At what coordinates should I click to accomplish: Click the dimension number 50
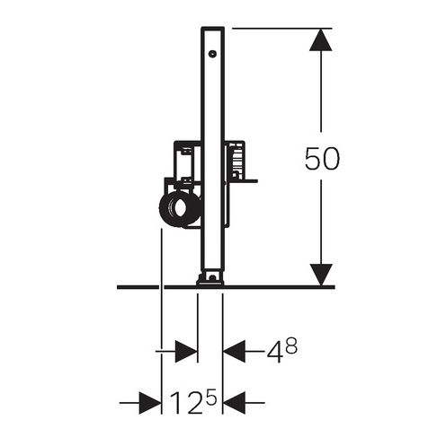pyautogui.click(x=322, y=158)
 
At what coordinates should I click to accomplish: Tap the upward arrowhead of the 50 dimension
pyautogui.click(x=320, y=39)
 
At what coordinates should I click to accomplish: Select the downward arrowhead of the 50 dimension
pyautogui.click(x=320, y=275)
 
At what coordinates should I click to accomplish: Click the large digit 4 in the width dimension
pyautogui.click(x=275, y=352)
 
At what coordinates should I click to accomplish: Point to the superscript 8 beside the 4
pyautogui.click(x=291, y=345)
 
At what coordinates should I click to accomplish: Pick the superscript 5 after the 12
pyautogui.click(x=211, y=397)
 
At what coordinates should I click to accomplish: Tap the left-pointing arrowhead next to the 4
pyautogui.click(x=234, y=352)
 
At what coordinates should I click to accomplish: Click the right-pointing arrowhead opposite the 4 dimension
pyautogui.click(x=186, y=352)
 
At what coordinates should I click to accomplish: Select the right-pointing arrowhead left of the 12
pyautogui.click(x=150, y=403)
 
